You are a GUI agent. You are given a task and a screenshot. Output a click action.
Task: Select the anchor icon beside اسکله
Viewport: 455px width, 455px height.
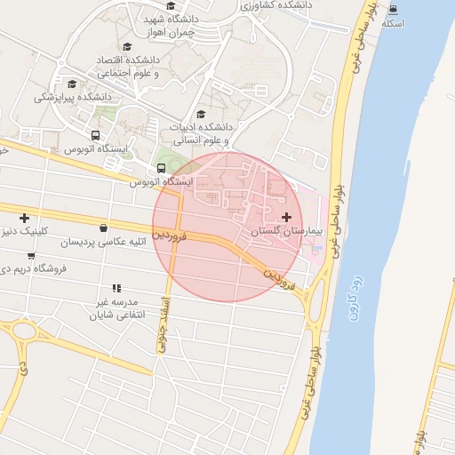point(393,10)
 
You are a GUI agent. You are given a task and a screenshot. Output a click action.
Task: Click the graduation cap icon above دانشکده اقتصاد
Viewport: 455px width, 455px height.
point(127,46)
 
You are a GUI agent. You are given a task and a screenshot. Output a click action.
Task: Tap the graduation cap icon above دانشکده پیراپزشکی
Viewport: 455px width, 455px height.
point(72,84)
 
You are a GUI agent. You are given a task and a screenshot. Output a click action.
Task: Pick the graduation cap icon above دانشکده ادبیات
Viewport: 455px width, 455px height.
point(201,114)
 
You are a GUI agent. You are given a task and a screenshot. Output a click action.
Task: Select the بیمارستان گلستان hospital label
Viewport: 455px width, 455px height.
point(284,231)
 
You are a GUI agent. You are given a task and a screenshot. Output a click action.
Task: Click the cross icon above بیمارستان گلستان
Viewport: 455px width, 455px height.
point(286,217)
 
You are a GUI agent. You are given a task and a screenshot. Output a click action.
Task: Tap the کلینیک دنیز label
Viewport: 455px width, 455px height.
point(29,231)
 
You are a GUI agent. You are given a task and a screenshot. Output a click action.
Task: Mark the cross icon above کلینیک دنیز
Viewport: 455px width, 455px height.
point(24,218)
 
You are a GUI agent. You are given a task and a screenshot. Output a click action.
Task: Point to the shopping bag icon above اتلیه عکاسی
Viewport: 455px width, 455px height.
point(104,228)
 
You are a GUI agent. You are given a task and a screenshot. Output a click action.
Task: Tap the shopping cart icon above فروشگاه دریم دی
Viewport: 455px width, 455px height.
point(32,256)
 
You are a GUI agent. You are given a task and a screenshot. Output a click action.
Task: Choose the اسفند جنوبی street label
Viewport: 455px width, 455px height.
point(164,324)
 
